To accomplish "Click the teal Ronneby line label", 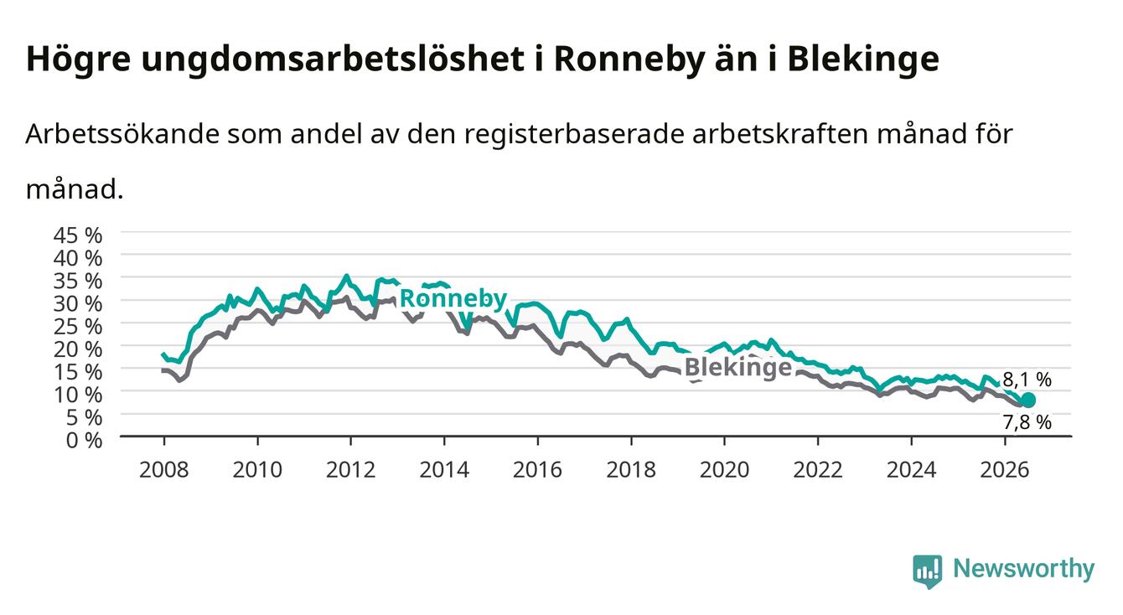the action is [x=453, y=299].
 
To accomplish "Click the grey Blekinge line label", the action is [x=738, y=367].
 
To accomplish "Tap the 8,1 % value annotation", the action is [x=1027, y=380].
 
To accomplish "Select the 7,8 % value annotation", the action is [x=1027, y=422].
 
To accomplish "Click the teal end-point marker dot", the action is [x=1028, y=400].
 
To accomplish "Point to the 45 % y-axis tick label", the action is [x=78, y=235].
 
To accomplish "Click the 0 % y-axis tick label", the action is [x=84, y=441].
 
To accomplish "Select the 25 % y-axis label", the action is [x=78, y=327].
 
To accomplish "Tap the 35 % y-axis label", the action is [x=78, y=282].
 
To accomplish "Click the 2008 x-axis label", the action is [x=164, y=470].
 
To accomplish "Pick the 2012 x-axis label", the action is [x=351, y=470].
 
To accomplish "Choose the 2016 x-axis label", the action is [x=537, y=470].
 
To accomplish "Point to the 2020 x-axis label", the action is [x=724, y=470].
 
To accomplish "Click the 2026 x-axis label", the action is [x=1005, y=470].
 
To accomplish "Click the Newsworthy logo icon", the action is [x=927, y=571].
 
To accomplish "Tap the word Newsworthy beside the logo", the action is [x=1024, y=569].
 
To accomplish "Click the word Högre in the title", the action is [x=79, y=59].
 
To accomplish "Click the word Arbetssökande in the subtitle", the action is [x=122, y=134].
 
